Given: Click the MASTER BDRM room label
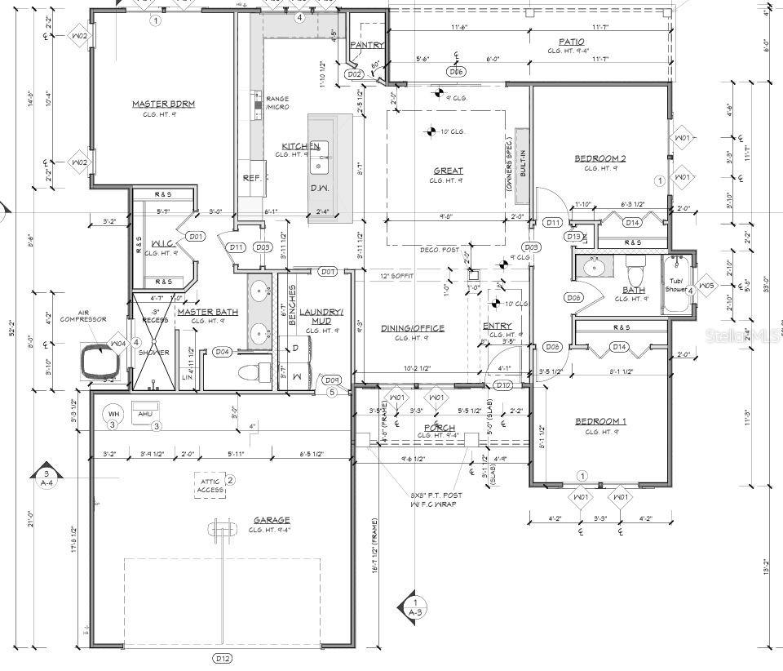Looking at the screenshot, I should [164, 104].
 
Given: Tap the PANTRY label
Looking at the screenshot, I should [366, 46].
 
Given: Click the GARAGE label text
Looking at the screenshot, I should [272, 520].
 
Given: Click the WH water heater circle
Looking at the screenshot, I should [114, 415].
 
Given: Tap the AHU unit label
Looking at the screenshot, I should [145, 414].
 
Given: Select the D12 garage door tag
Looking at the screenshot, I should [222, 657].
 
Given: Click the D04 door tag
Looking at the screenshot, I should [222, 352].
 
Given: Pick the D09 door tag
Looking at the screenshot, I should [331, 380].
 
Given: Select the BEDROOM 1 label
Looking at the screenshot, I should [600, 421].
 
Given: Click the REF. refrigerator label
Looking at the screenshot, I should [250, 177].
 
